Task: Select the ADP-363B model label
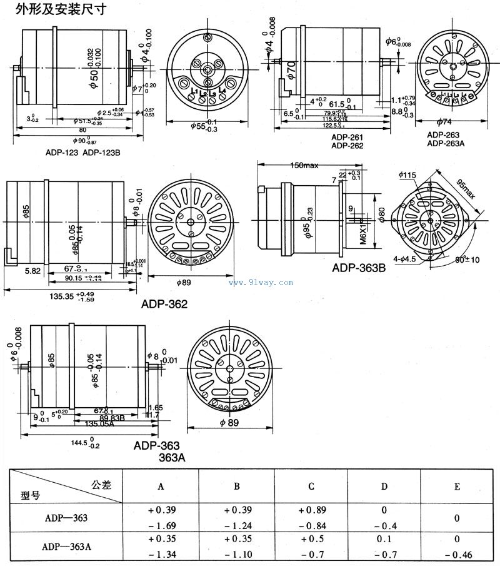[x=359, y=268]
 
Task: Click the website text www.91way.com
[x=261, y=283]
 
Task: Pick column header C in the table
[x=311, y=487]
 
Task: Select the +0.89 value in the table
[x=311, y=511]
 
